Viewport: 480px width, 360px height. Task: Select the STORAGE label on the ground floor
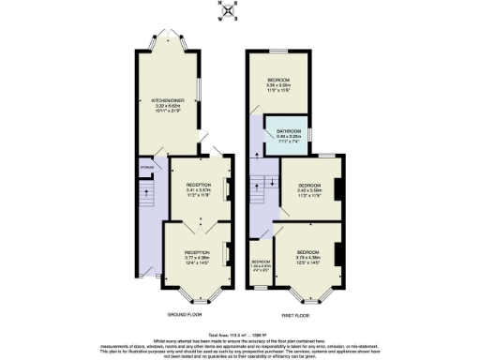coord(146,169)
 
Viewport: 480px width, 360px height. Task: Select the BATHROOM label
coord(288,134)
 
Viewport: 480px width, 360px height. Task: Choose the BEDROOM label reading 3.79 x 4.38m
coord(309,256)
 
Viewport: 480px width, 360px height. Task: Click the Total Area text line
coord(240,334)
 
